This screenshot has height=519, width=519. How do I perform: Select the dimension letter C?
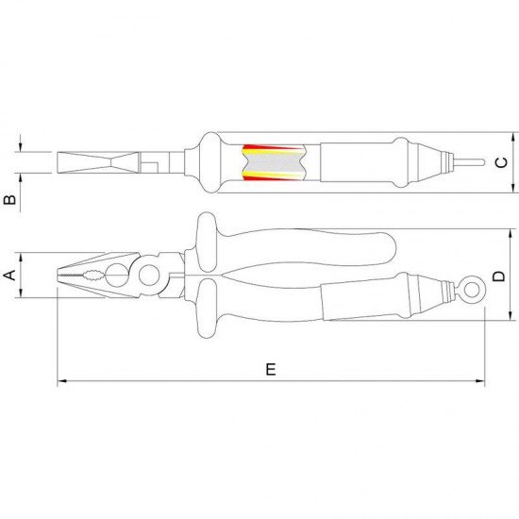coord(501,161)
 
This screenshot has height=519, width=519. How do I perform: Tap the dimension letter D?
coord(500,276)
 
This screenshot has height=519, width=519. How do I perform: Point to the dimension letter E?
coord(271,369)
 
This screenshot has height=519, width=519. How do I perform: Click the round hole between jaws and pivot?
coord(118,276)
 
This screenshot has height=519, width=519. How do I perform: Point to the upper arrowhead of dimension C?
coord(501,135)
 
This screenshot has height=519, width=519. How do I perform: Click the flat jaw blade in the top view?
coord(94,162)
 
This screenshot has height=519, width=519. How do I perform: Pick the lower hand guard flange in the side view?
coord(205,321)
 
